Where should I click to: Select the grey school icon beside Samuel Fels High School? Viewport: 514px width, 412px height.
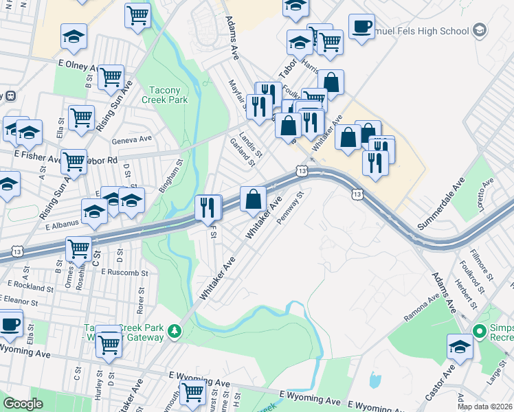pos(480,30)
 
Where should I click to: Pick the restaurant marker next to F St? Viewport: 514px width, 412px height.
pos(208,207)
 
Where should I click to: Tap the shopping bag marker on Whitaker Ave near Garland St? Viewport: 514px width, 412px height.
pos(254,200)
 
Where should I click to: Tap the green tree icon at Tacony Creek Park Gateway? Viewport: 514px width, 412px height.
pos(175,332)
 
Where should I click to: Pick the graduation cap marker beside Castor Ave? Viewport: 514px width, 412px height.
pos(460,347)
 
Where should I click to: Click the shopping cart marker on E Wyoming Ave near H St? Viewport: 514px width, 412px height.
pos(192,392)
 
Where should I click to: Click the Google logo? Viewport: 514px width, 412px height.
pos(23,404)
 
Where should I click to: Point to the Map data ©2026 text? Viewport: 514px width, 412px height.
pos(483,406)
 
